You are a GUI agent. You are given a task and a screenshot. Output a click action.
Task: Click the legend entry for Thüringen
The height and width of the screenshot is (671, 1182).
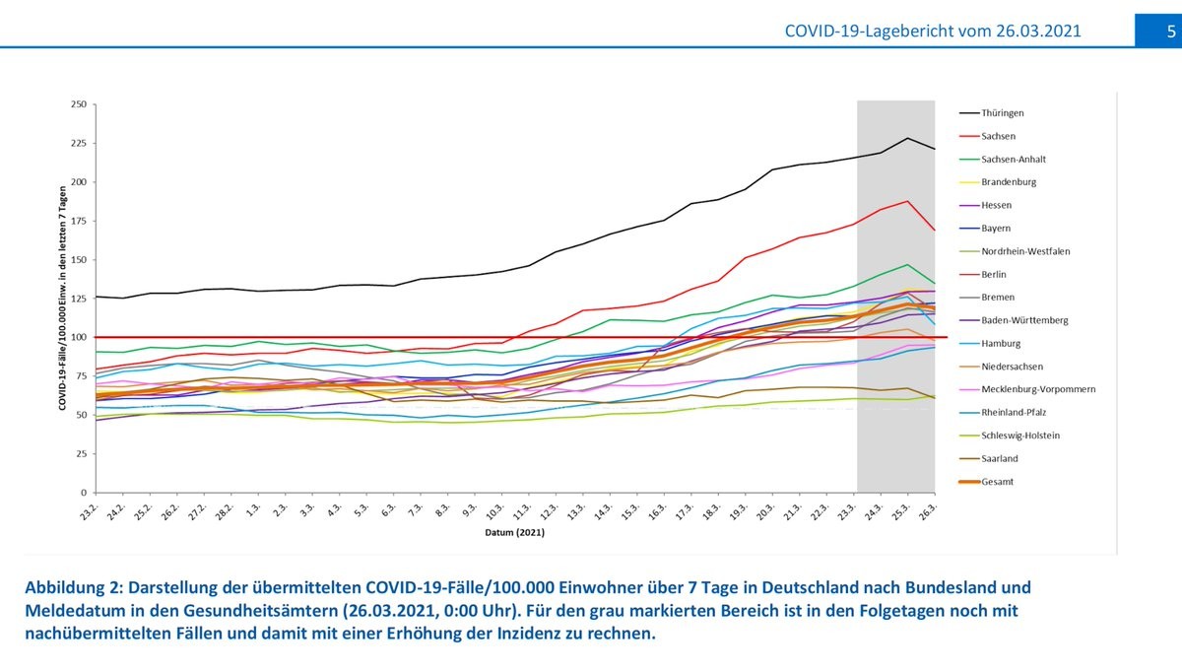point(1003,113)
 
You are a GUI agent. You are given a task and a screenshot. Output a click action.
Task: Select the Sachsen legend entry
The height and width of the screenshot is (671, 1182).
point(998,136)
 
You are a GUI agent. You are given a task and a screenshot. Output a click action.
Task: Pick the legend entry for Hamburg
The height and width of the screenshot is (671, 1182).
point(1001,344)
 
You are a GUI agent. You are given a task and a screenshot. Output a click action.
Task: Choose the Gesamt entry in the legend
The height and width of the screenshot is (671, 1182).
point(998,482)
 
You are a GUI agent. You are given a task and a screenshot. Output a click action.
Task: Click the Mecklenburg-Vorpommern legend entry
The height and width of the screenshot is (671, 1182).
point(1038,389)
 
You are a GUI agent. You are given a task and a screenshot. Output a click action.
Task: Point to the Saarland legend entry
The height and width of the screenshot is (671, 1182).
point(1000,458)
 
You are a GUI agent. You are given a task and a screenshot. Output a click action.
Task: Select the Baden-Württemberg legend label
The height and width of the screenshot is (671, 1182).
point(1024,320)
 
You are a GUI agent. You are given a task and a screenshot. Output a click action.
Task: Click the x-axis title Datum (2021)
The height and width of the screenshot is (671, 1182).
point(513,533)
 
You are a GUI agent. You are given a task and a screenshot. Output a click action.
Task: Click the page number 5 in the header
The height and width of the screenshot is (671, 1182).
point(1171,31)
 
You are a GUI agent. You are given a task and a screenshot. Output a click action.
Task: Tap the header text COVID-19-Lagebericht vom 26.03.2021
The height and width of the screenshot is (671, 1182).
point(933,32)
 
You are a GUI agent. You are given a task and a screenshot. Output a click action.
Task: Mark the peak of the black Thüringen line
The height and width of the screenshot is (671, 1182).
point(907,138)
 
